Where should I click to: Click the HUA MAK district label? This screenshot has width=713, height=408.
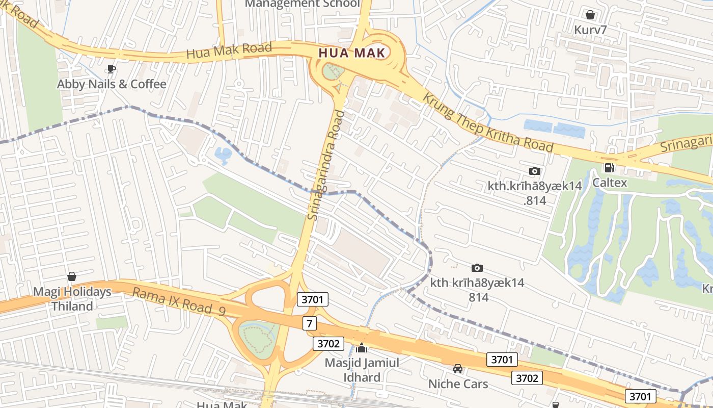tap(351, 53)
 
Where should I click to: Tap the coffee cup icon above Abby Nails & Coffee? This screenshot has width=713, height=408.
tap(112, 69)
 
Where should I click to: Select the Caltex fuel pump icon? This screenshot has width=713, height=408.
tap(609, 167)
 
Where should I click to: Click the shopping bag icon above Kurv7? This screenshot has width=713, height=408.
tap(590, 15)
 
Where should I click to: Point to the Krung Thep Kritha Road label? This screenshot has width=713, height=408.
tap(488, 122)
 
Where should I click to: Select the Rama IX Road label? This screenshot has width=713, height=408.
tap(178, 301)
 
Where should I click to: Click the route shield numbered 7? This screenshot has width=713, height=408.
tap(309, 323)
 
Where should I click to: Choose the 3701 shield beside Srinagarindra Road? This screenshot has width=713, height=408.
tap(312, 299)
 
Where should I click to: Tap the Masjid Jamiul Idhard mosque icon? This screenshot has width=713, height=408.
tap(362, 348)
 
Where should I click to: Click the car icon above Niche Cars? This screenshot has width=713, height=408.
tap(458, 369)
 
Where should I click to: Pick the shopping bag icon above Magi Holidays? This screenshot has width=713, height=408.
tap(72, 277)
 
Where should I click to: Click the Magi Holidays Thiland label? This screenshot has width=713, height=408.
tap(72, 299)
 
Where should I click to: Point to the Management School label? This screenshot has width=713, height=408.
tap(302, 4)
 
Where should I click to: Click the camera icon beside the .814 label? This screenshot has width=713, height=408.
tap(534, 171)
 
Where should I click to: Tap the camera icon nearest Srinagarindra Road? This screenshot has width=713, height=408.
tap(477, 268)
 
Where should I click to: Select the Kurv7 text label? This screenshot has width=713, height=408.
tap(590, 30)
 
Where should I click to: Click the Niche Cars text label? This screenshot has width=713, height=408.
tap(458, 384)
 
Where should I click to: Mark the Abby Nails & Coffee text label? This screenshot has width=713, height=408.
tap(112, 84)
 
